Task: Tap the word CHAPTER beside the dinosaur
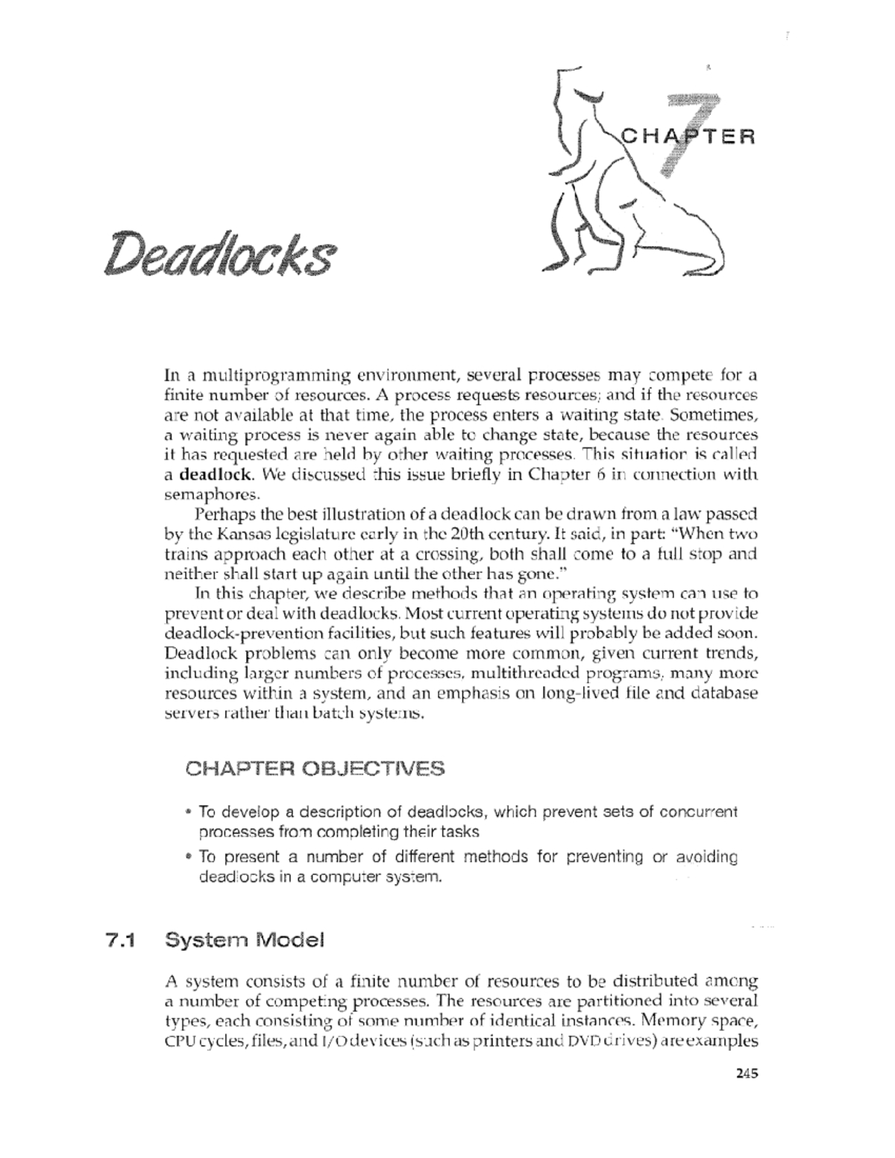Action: [688, 137]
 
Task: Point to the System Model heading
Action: [245, 941]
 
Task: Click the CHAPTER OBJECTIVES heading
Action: [315, 769]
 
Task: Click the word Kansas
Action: [240, 535]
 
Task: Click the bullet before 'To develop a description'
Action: [189, 812]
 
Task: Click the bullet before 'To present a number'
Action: [189, 857]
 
